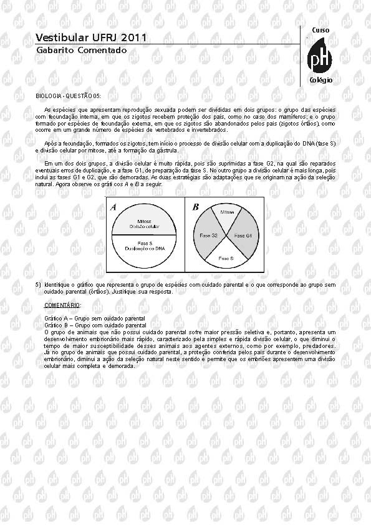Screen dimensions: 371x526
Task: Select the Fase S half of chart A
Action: pos(144,246)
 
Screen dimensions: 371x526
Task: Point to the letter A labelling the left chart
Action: pos(113,206)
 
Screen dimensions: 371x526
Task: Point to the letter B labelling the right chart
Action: pos(195,207)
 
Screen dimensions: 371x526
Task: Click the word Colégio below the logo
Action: pos(321,81)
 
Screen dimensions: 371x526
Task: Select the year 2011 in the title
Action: pos(133,38)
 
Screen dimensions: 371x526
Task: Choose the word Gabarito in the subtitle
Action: pos(54,50)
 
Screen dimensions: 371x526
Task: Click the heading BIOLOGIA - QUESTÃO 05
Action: pos(68,95)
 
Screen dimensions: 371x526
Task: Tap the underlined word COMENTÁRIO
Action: pos(62,305)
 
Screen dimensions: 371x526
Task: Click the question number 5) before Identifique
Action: pos(38,284)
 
